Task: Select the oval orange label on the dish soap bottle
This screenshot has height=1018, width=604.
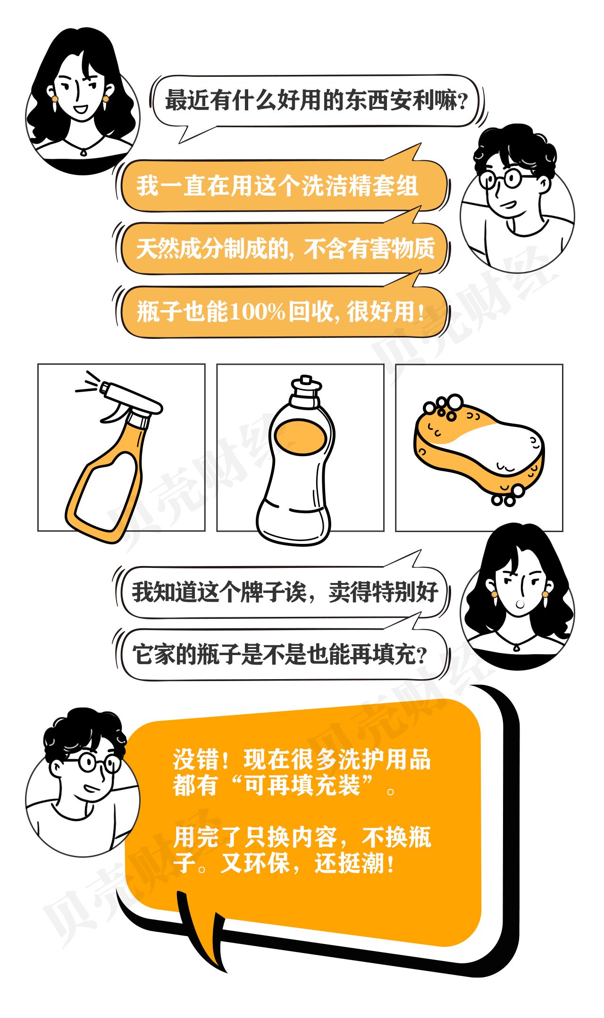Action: pos(300,437)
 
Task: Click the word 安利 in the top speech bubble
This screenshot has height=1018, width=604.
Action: pos(412,100)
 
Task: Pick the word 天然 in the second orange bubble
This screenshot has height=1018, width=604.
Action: pos(159,248)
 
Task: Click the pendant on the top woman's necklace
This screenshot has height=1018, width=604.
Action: pos(84,152)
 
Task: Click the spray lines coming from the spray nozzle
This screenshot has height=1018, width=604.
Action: pos(88,383)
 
